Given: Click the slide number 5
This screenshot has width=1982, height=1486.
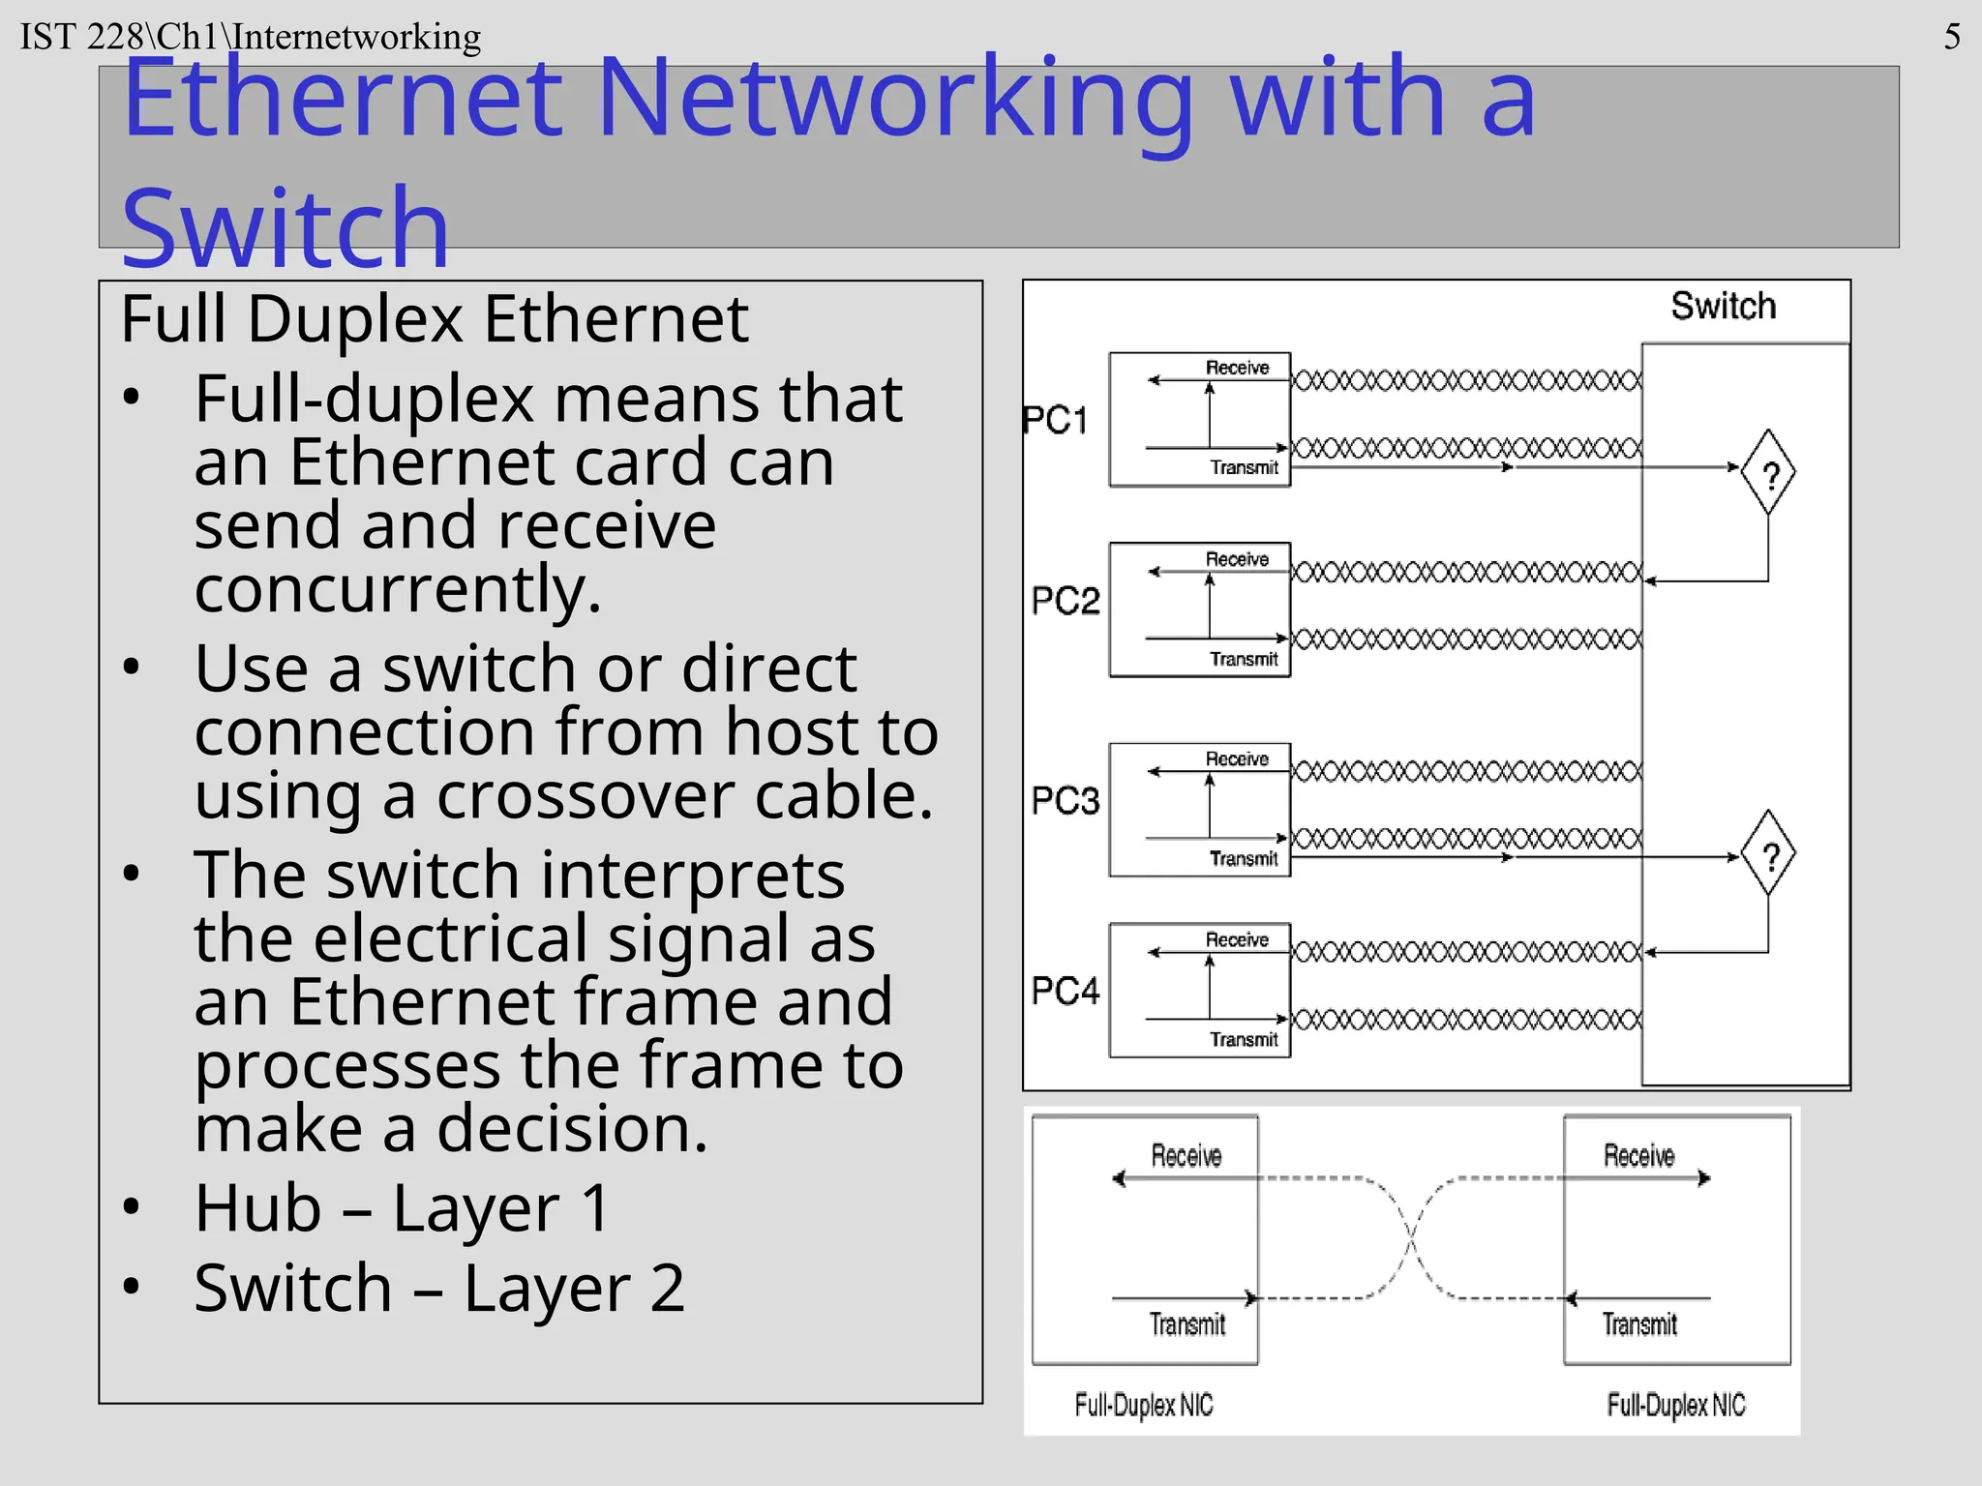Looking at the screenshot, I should click(x=1952, y=38).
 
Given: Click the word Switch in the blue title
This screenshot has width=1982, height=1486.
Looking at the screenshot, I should click(x=285, y=227).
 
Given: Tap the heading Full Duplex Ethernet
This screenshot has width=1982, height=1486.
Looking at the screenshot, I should click(x=434, y=318).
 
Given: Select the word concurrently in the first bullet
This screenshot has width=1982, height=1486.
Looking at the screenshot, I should click(x=397, y=588).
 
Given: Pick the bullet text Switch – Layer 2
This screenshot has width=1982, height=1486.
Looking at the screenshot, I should click(x=438, y=1288).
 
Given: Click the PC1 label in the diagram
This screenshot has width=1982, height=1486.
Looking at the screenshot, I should click(x=1055, y=420).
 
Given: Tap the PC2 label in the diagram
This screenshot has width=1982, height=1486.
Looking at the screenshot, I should click(x=1065, y=601).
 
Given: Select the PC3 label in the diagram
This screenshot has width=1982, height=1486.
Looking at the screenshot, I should click(x=1065, y=801).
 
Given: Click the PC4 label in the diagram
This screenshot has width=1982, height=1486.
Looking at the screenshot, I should click(x=1065, y=991).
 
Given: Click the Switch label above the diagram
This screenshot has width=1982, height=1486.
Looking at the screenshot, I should click(x=1723, y=306).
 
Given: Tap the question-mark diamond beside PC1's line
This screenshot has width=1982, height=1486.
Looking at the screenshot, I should click(x=1768, y=473).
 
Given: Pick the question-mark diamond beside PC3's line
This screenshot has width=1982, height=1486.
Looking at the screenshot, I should click(x=1768, y=854).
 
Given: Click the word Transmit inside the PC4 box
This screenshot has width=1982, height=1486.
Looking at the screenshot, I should click(x=1244, y=1039).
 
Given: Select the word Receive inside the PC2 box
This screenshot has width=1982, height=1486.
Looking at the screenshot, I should click(x=1237, y=559).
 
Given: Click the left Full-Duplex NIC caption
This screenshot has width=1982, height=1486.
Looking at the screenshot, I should click(x=1143, y=1405).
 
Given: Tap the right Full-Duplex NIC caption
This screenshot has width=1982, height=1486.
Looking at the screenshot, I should click(x=1675, y=1405).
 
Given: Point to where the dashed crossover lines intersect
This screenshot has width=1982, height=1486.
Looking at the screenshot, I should click(x=1411, y=1237).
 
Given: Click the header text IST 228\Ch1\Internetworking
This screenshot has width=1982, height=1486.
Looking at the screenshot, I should click(x=250, y=37).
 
